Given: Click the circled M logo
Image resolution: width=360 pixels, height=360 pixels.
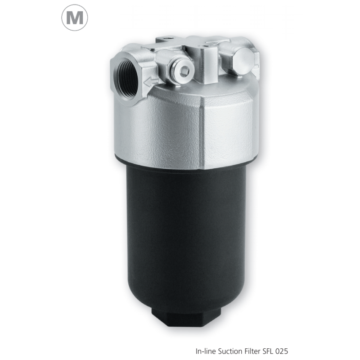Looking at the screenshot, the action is click(x=75, y=18).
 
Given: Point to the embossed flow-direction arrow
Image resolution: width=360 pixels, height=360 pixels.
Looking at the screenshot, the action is click(x=151, y=81).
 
